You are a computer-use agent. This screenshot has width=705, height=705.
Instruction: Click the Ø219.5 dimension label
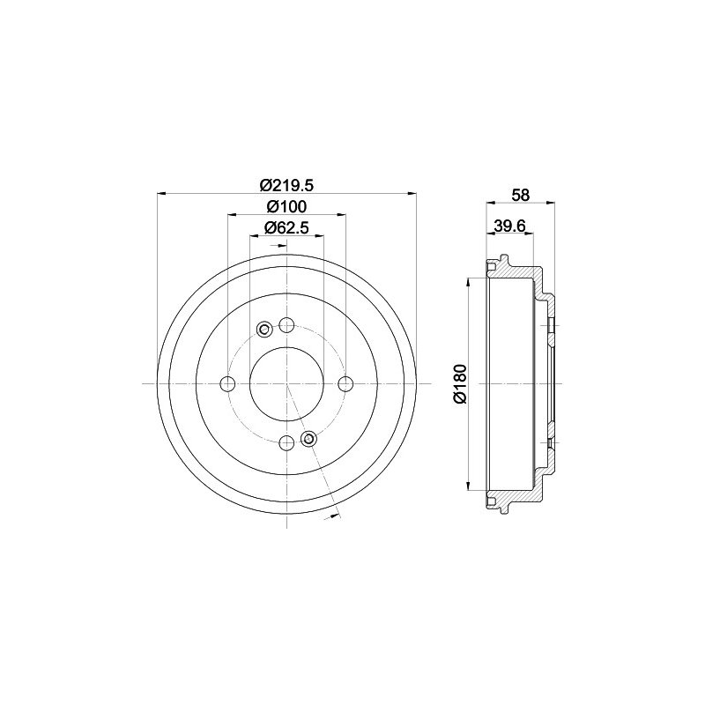point(287,184)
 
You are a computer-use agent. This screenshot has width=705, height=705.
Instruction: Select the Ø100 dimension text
point(286,206)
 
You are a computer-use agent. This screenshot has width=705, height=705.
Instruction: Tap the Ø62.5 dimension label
point(286,228)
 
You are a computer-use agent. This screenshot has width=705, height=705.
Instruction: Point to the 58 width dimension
point(521,195)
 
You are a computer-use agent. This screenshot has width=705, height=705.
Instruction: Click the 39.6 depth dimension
point(510,226)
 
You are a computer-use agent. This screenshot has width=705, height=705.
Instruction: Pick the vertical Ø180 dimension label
point(461,383)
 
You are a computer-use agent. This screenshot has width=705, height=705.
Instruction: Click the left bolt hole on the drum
point(228,383)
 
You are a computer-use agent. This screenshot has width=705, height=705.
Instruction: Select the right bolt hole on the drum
point(345,383)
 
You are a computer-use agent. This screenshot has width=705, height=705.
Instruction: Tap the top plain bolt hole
point(286,324)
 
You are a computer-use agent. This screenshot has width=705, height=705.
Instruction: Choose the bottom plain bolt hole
point(286,443)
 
